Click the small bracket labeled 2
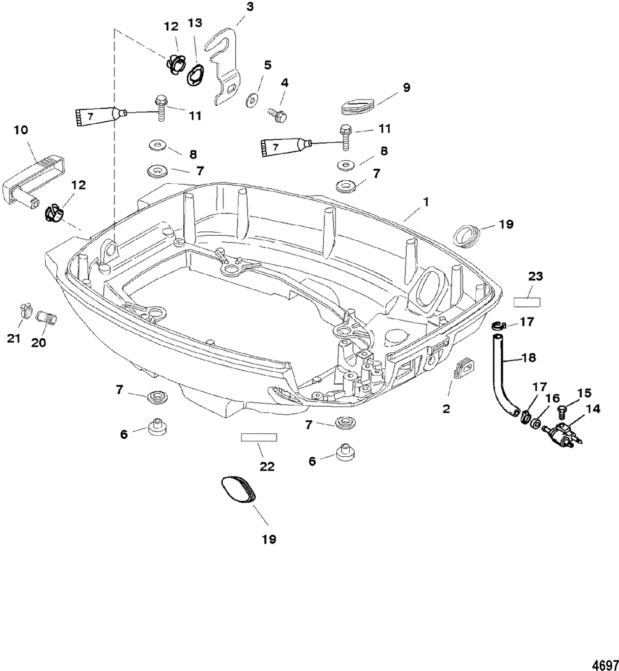[x=463, y=370]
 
